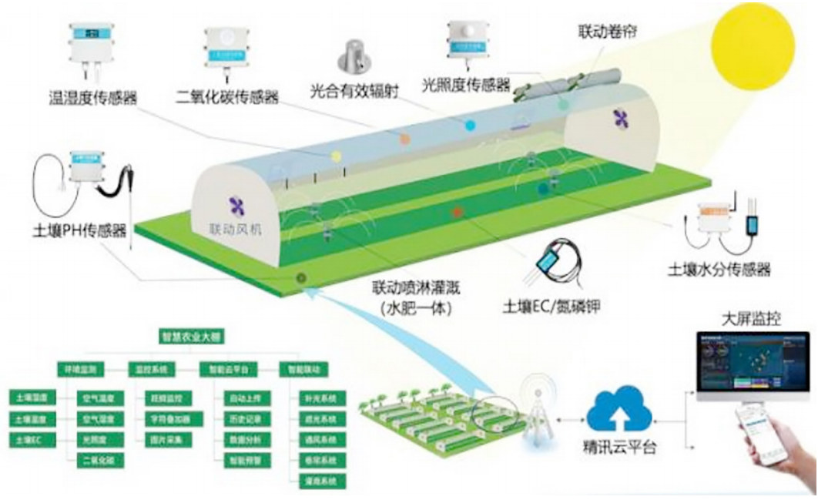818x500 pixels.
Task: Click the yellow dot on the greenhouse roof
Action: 336,156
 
